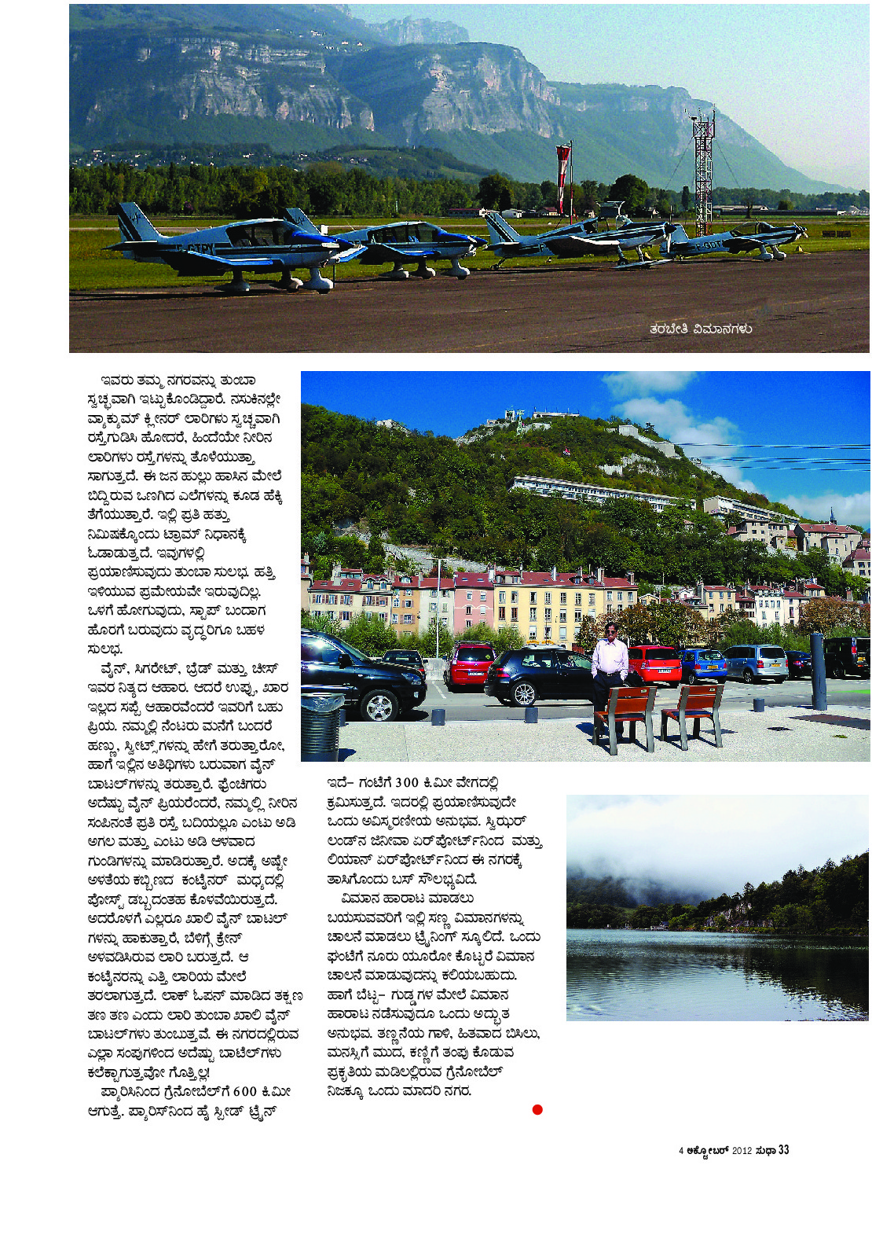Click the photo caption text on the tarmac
(701, 329)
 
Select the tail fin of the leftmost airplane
(132, 223)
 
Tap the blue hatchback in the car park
(702, 665)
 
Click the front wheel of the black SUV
(379, 704)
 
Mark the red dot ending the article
(537, 1109)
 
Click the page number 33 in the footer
(783, 1150)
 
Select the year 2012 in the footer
(742, 1151)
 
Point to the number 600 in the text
(245, 1091)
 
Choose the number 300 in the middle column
(407, 782)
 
